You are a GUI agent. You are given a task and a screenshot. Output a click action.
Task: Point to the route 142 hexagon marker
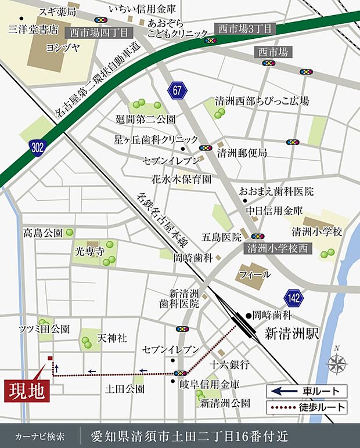point(293,298)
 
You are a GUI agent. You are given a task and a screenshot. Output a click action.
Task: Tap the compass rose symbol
point(336,364)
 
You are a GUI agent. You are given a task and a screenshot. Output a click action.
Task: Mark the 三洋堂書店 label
point(33,27)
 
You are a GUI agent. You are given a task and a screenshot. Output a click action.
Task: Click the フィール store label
point(254,274)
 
